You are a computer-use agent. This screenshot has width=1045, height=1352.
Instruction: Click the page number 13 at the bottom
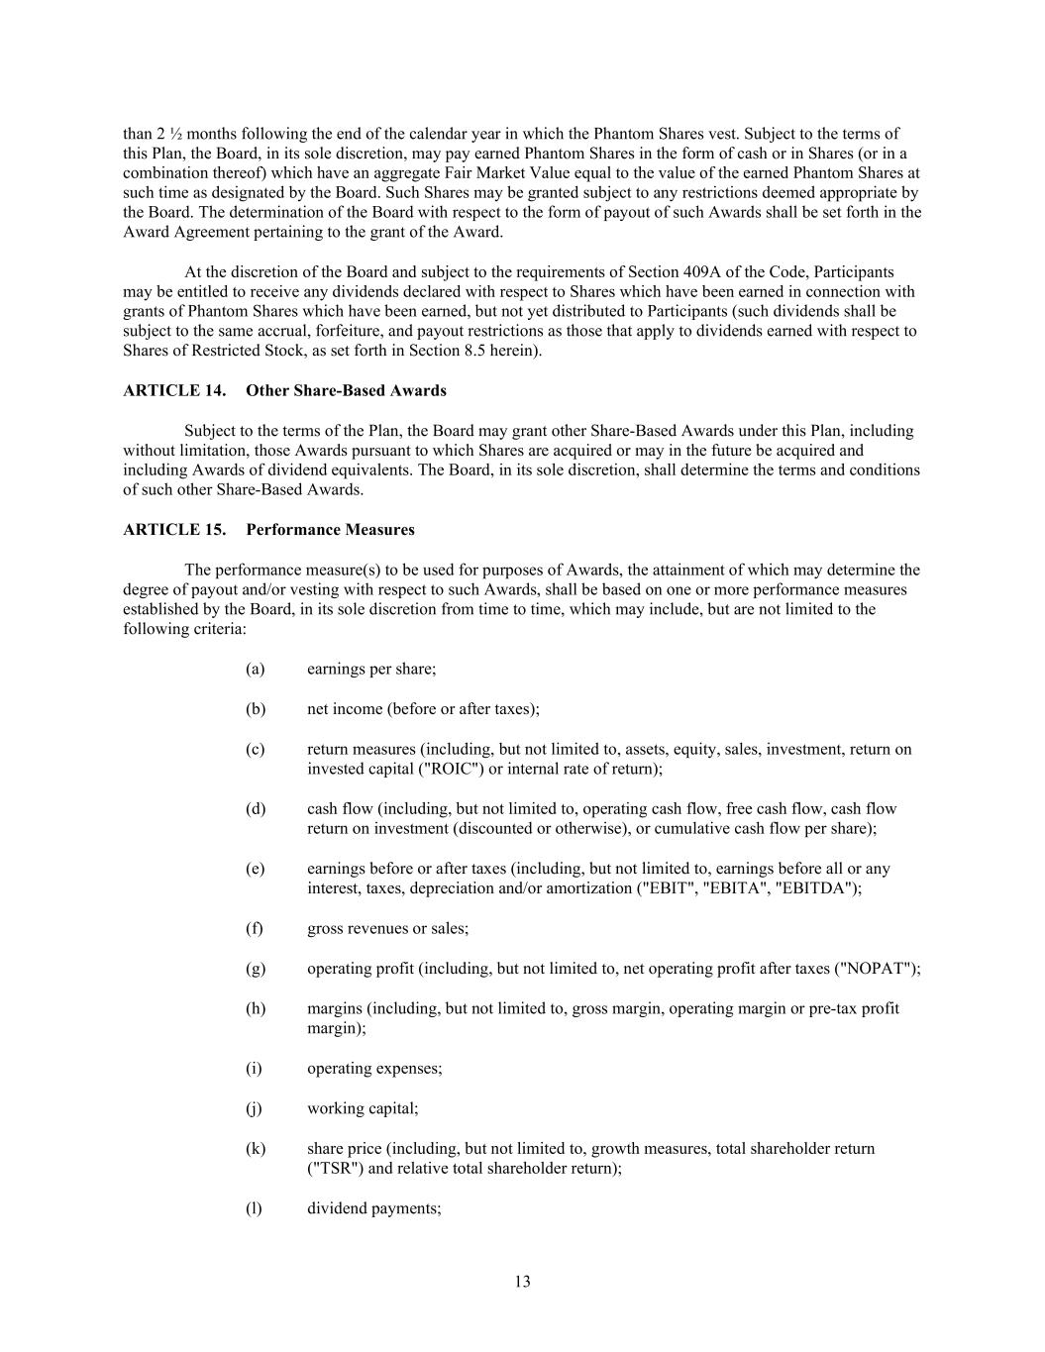522,1282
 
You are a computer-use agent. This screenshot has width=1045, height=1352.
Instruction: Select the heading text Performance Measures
330,529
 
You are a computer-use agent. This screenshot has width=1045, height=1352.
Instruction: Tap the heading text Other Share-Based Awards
346,390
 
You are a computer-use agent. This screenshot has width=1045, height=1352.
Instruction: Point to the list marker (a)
256,669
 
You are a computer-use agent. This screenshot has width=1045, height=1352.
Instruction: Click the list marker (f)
255,928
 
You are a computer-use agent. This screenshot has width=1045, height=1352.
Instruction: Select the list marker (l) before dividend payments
254,1208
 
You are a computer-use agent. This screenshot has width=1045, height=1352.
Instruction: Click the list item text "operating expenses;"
374,1069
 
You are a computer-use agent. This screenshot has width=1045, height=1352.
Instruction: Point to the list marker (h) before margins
256,1008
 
